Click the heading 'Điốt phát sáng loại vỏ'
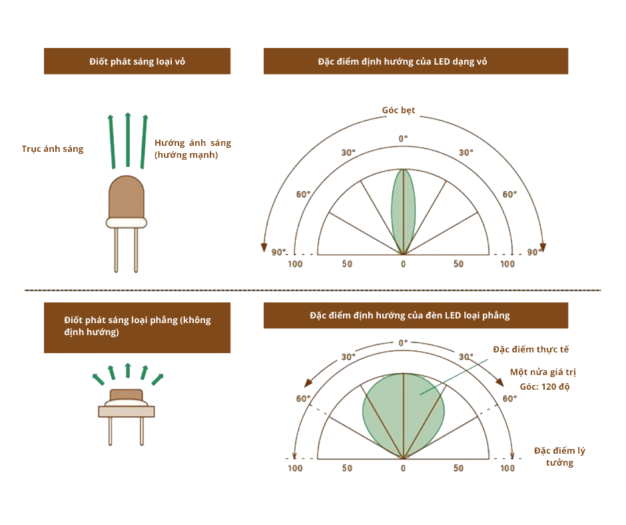[x=137, y=61]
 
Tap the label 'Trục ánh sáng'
[x=53, y=149]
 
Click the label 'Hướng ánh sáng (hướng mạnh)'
[x=192, y=149]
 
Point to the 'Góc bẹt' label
[x=398, y=110]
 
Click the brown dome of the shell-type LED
[x=127, y=197]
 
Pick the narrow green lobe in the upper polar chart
[x=402, y=207]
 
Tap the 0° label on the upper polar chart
[x=403, y=138]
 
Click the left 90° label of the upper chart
[x=278, y=252]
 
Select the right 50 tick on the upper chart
[x=458, y=264]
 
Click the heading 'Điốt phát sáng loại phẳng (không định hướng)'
[x=137, y=326]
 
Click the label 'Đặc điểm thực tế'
[x=531, y=349]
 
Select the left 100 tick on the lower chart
[x=295, y=468]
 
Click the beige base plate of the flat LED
[x=127, y=411]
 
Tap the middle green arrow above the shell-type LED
[x=127, y=140]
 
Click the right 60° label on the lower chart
[x=509, y=398]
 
